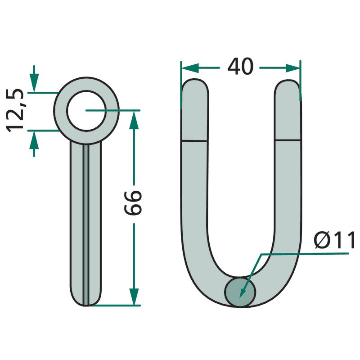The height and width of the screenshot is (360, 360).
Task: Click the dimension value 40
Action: click(x=240, y=66)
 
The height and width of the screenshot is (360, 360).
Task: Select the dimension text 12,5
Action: click(x=15, y=110)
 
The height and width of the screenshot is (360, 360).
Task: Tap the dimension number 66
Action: click(x=133, y=202)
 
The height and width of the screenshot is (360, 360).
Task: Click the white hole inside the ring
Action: click(x=86, y=111)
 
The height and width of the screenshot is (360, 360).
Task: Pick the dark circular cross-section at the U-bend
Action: click(x=240, y=292)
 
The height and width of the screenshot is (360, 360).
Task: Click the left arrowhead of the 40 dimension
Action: click(x=190, y=68)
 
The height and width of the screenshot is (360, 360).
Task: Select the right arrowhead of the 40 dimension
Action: click(x=293, y=68)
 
